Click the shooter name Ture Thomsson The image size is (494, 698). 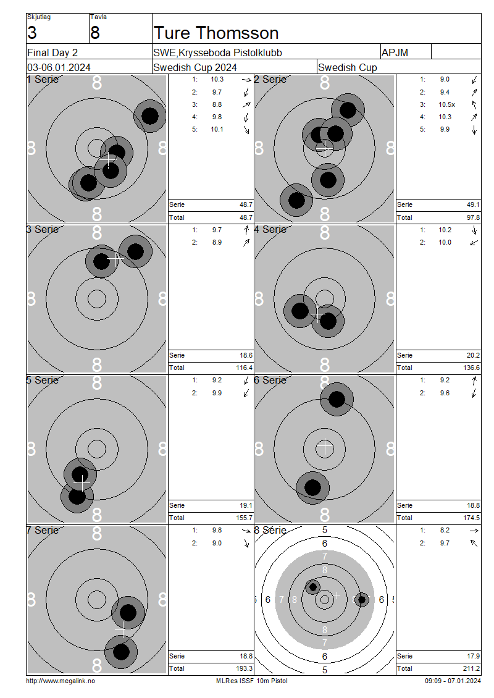click(216, 33)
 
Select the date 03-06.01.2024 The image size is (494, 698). click(59, 68)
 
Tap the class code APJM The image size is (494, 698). click(395, 53)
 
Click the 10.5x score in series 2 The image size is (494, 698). click(447, 104)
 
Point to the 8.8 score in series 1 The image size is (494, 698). click(217, 104)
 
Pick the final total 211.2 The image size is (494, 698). click(471, 668)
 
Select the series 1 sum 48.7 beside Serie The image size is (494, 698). click(246, 205)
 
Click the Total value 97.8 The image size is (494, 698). click(473, 217)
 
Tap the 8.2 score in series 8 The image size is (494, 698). click(445, 531)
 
